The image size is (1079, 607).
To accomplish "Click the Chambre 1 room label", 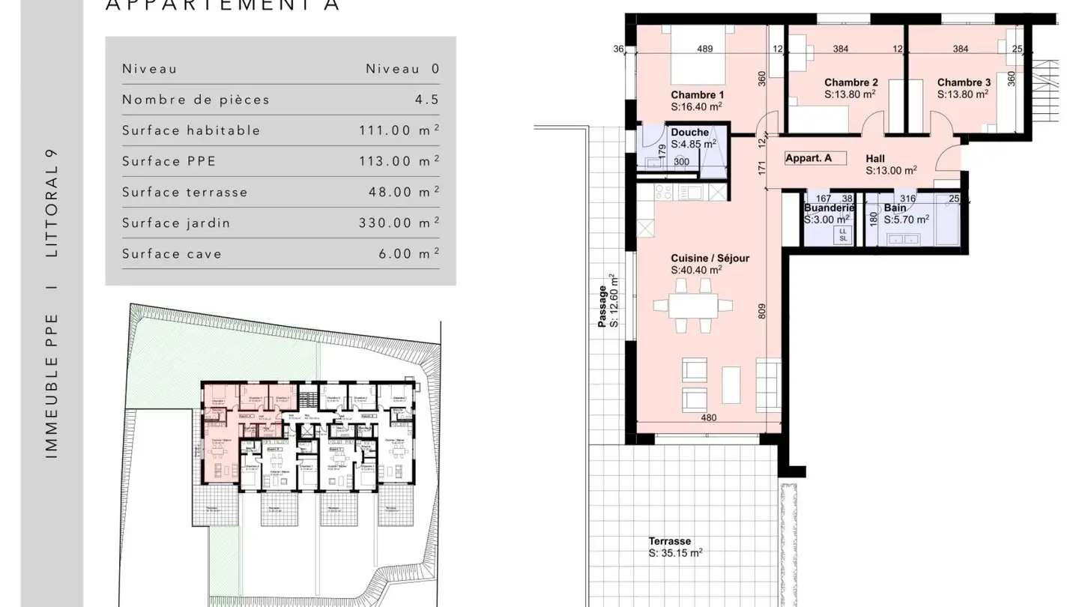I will click(x=697, y=95).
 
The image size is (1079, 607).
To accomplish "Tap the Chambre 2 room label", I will click(x=851, y=82).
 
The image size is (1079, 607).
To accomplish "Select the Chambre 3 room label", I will click(x=964, y=82).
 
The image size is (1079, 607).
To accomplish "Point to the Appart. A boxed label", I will click(x=809, y=158).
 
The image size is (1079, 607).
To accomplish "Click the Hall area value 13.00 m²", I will click(x=891, y=171).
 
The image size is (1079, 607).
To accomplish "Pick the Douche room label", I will click(x=689, y=133).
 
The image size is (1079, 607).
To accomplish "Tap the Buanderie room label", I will click(x=829, y=208).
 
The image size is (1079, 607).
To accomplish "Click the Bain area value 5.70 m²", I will click(x=906, y=220).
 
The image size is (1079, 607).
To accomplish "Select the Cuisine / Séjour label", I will click(x=710, y=259).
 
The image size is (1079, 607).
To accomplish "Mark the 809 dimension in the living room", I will click(x=762, y=310).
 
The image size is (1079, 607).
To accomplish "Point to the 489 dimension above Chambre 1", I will click(x=704, y=49).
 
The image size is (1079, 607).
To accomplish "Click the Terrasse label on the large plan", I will click(x=670, y=541).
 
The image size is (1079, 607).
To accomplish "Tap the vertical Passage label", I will click(x=602, y=306).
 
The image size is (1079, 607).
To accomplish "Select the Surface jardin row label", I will click(x=176, y=223).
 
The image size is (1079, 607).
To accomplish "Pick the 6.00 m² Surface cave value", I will click(x=408, y=253).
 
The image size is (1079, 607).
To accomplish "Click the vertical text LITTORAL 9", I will click(x=52, y=203).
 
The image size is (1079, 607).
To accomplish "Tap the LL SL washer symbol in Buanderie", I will click(x=843, y=235).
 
